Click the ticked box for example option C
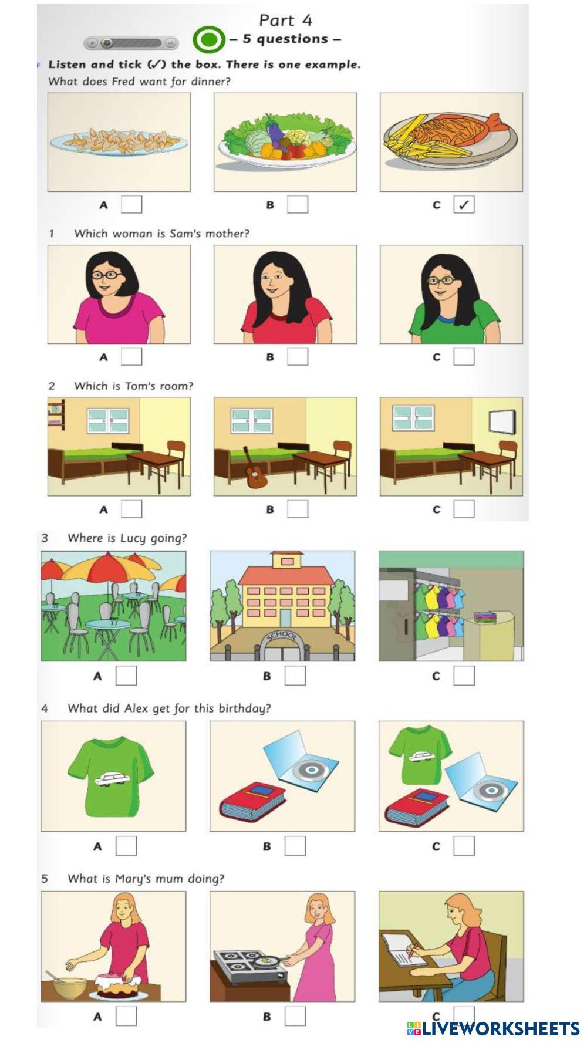464,205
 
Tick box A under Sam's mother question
131,357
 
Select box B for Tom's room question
298,509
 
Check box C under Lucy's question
464,676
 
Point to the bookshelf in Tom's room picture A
56,414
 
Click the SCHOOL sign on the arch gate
282,636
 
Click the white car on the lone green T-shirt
113,778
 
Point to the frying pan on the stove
267,961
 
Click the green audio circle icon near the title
208,40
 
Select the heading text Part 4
286,21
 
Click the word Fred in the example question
123,82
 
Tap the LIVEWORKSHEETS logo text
492,1028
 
